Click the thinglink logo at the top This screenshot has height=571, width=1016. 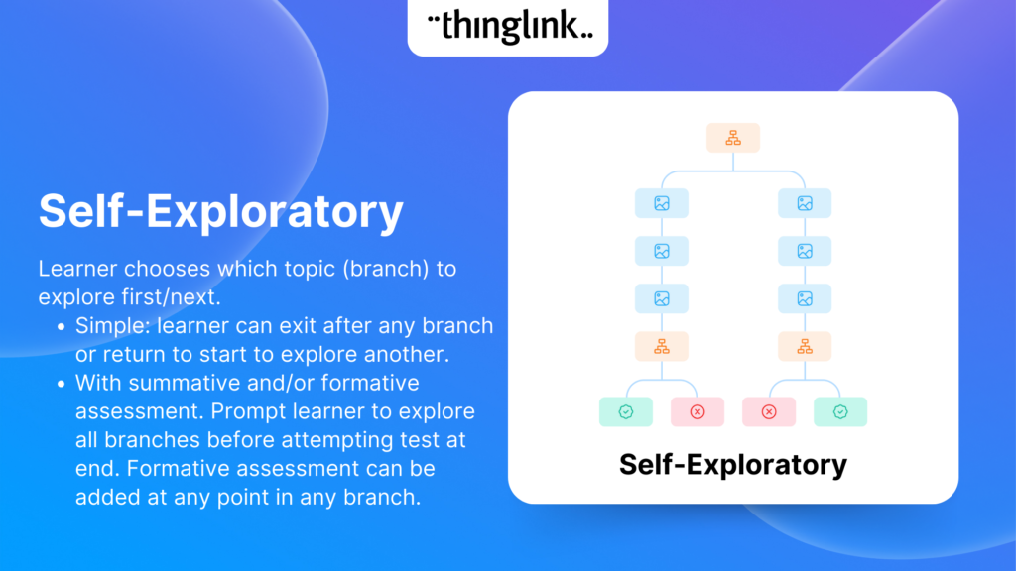(510, 26)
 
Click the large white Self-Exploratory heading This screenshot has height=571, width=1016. (221, 211)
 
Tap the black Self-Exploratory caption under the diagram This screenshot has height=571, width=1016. (733, 465)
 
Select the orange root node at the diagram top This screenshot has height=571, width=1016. (733, 138)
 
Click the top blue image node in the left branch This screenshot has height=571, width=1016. (662, 203)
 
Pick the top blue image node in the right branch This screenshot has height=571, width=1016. (805, 203)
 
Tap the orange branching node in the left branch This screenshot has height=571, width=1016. (662, 346)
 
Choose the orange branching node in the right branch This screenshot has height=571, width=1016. (805, 346)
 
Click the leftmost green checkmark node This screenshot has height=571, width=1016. (626, 411)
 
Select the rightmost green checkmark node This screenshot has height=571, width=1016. (840, 411)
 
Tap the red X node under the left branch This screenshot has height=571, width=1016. (698, 411)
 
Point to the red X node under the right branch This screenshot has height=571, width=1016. (769, 411)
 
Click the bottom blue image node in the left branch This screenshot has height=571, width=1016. (662, 298)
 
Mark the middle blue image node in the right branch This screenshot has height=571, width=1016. (805, 251)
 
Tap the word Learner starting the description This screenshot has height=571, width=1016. (77, 269)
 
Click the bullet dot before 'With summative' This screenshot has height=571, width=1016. (61, 384)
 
